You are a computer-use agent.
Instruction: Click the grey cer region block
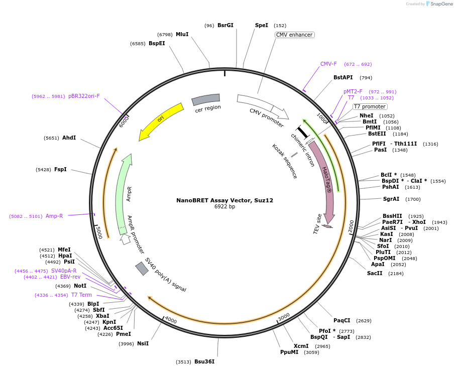coord(206,99)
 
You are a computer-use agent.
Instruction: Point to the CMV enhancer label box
coord(295,35)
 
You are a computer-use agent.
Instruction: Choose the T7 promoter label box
coord(370,106)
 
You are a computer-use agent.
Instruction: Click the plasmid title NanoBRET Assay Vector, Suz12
coord(224,200)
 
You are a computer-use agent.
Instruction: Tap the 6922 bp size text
coord(224,206)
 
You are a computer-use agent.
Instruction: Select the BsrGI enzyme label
coord(225,25)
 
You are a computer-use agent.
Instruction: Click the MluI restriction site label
coord(182,34)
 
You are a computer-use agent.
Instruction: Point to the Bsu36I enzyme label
coord(204,361)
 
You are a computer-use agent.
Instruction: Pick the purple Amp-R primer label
coord(54,216)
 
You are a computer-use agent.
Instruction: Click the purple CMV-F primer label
coord(328,64)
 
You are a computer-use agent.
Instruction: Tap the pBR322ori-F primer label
coord(84,96)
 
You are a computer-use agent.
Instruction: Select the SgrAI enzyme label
coord(391,199)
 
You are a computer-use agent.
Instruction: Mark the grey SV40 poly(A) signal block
coord(142,269)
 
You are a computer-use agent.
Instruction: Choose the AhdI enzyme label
coord(69,138)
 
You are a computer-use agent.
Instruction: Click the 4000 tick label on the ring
coord(171,320)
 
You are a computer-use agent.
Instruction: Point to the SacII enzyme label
coord(375,273)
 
